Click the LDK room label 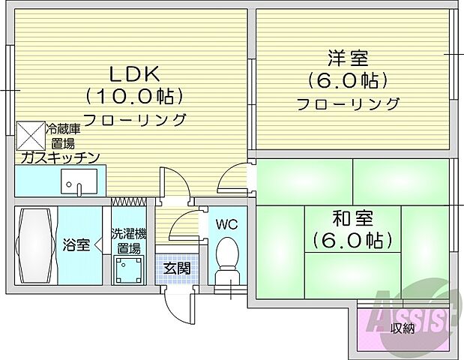tap(134, 74)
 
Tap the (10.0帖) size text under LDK tap(134, 97)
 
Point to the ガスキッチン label tap(58, 157)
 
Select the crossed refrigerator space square tap(31, 135)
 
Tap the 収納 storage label tap(402, 328)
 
